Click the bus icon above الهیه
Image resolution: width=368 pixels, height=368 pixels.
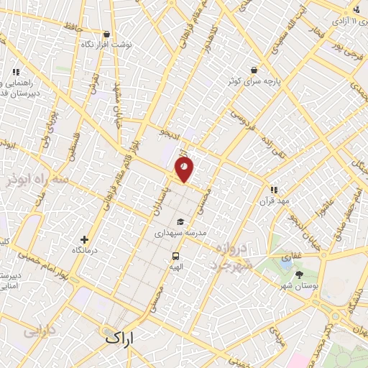pos(175,256)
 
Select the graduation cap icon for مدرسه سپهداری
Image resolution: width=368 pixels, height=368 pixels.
pos(180,221)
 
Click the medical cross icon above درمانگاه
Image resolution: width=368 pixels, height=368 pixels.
pos(85,239)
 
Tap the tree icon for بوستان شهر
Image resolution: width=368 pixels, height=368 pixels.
pos(298,274)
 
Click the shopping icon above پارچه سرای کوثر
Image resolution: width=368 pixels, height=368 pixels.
pos(254,70)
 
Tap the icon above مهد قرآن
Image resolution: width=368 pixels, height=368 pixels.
pos(274,190)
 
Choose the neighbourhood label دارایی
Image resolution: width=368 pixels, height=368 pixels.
pos(40,333)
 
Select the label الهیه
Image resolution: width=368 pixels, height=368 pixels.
pos(175,266)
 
